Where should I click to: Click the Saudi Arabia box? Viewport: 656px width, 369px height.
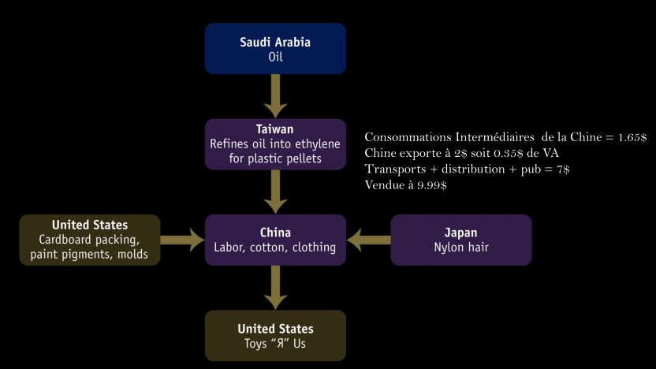[x=275, y=48]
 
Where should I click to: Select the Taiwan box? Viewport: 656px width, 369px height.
[x=275, y=144]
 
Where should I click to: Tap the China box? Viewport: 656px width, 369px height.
[x=275, y=240]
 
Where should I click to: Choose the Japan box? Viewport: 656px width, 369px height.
[x=461, y=240]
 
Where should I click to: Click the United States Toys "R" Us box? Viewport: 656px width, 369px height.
[x=275, y=335]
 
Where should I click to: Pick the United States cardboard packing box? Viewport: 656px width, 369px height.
[x=90, y=240]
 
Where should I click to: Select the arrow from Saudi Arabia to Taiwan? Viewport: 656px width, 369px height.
[x=275, y=96]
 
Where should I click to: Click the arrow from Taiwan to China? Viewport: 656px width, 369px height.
[x=275, y=192]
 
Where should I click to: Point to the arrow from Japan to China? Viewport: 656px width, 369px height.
[x=368, y=240]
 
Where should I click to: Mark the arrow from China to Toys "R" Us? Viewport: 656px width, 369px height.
[x=275, y=288]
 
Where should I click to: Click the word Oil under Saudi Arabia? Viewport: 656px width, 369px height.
[x=275, y=57]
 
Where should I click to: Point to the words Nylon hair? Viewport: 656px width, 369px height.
[x=461, y=248]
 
